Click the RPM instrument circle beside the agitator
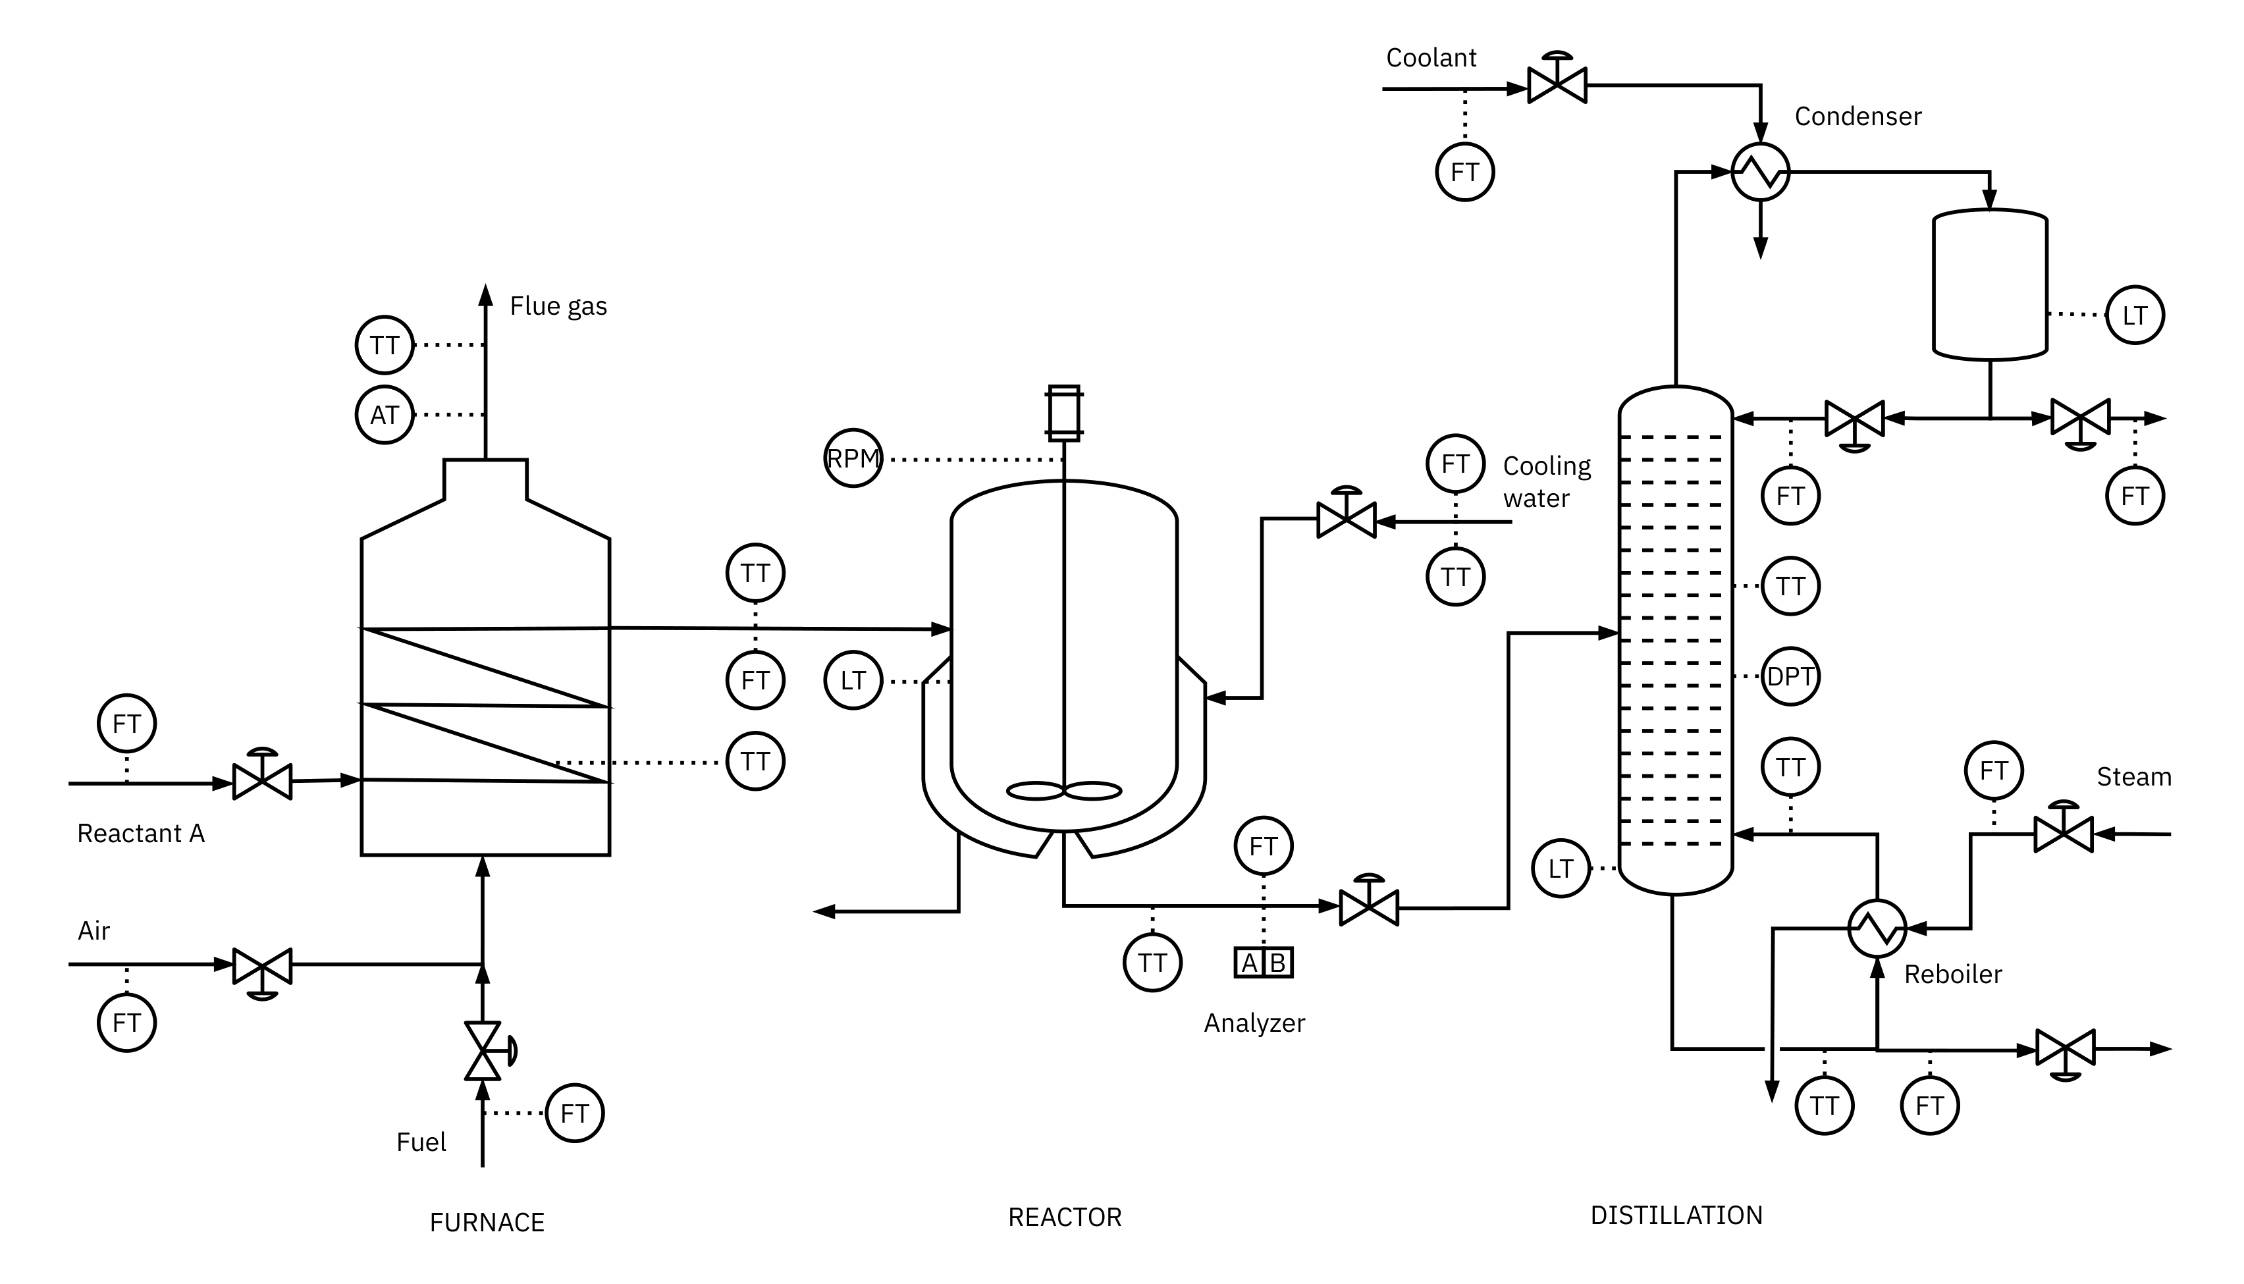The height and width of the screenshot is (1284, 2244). pos(853,458)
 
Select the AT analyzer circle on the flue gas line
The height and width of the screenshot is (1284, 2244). pos(385,414)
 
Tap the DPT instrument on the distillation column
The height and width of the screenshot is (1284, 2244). pos(1790,676)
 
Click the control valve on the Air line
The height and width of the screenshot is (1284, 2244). pos(262,967)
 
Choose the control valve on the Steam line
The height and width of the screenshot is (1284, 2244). pos(2062,832)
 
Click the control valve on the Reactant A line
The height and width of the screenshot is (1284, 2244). pos(262,780)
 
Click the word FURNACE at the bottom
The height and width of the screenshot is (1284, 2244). pos(487,1221)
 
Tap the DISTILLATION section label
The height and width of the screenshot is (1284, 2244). pos(1675,1216)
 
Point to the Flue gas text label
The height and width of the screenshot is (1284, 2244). pos(558,306)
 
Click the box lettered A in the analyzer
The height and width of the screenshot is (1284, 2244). pos(1249,962)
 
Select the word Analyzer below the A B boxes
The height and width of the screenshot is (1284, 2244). pos(1254,1023)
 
